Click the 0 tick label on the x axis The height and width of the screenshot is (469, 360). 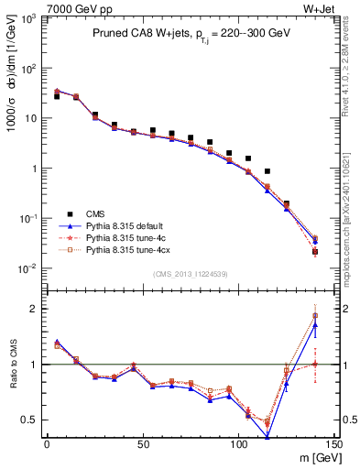[x=46, y=444]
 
